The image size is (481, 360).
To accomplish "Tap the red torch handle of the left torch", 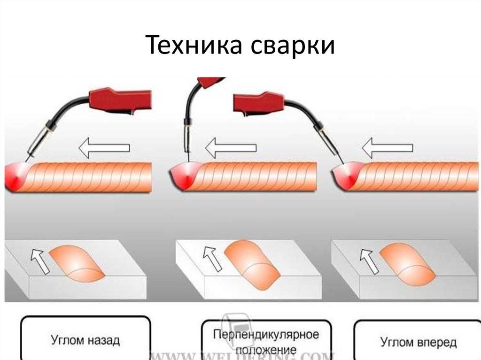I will click(x=120, y=99).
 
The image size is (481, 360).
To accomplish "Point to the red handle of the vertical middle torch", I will click(x=211, y=82).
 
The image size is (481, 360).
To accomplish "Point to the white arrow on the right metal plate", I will click(x=369, y=261).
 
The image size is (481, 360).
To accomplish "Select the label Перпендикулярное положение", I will click(x=266, y=342).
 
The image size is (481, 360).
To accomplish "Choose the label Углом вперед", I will click(x=418, y=342).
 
